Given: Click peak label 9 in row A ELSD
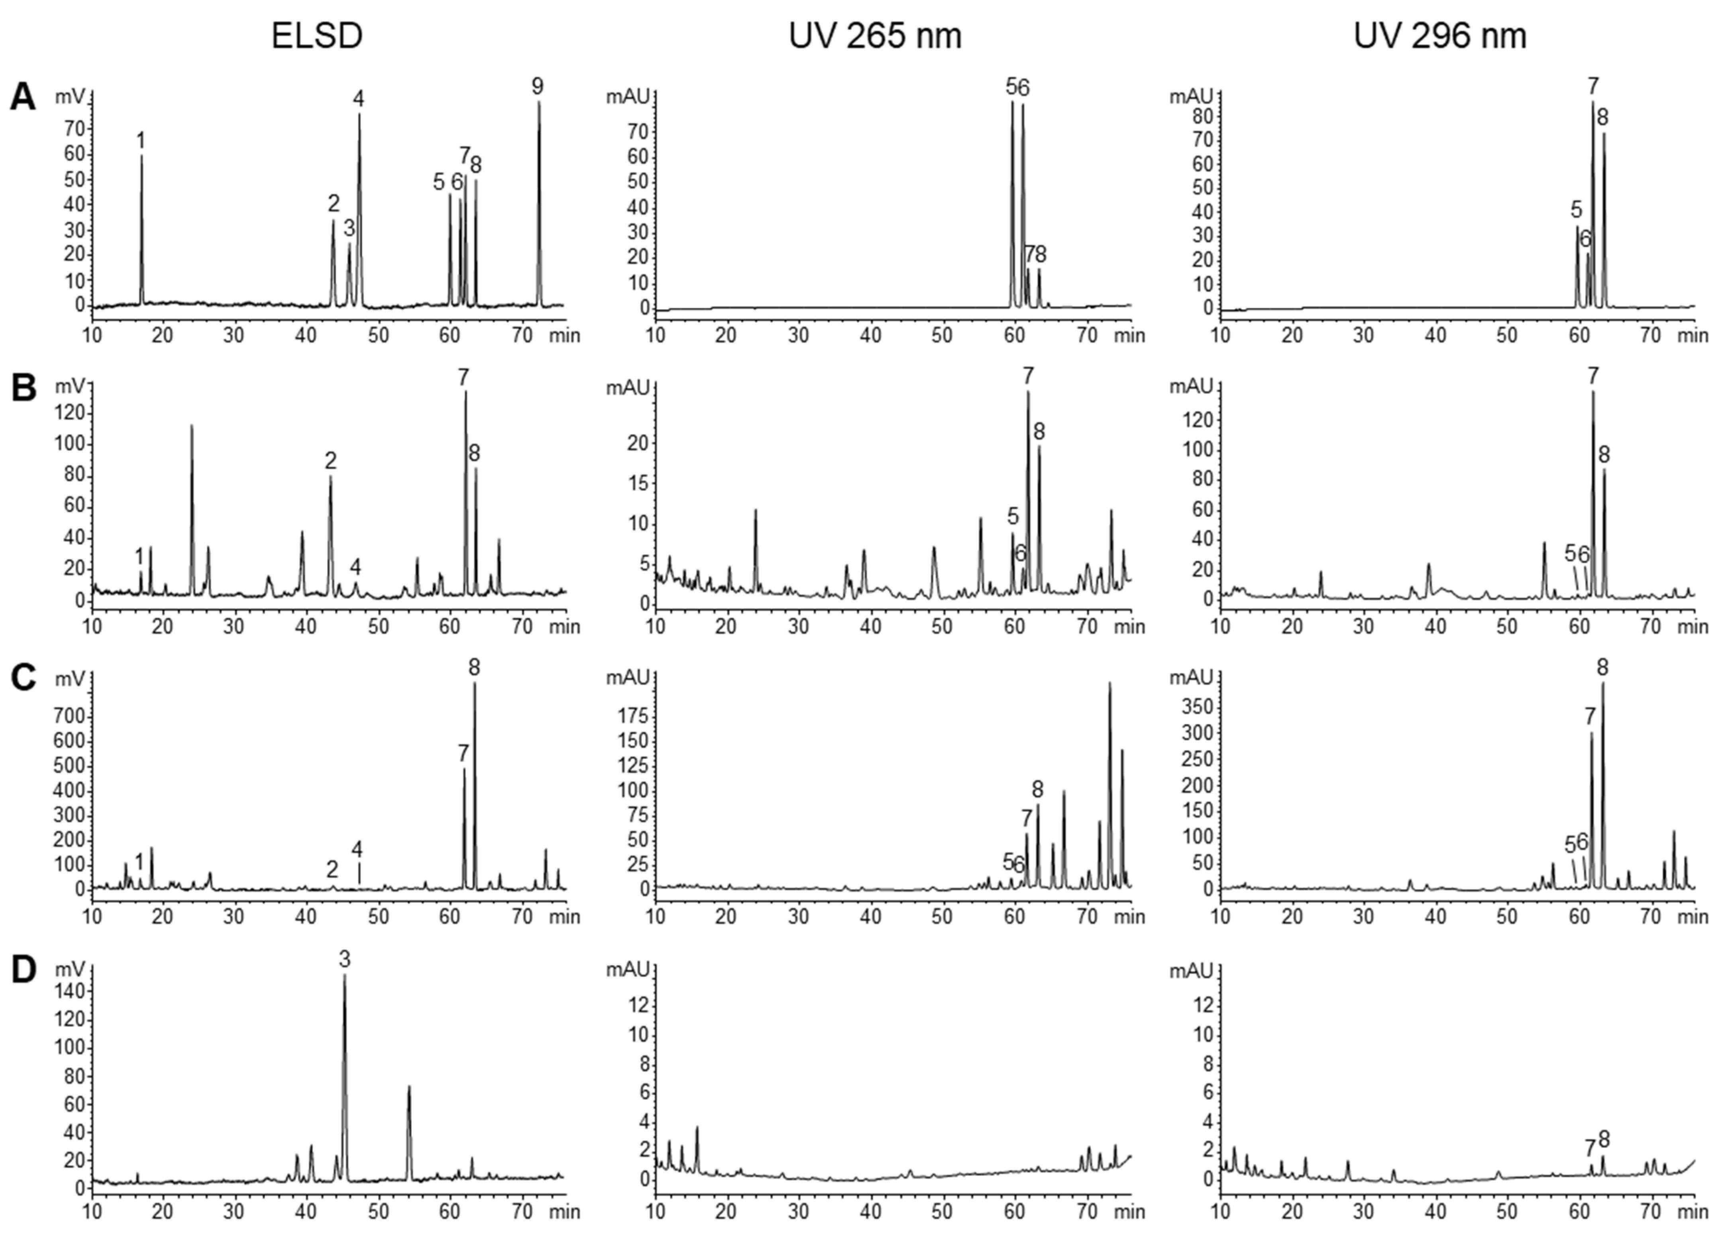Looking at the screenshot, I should point(537,86).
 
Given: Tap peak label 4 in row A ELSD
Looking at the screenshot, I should point(358,98).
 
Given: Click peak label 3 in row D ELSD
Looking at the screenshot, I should point(344,960).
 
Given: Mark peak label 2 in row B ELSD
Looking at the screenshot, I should point(330,460).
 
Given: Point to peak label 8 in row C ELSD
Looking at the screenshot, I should point(474,668).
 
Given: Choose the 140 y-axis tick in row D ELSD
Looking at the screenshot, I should point(69,991).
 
